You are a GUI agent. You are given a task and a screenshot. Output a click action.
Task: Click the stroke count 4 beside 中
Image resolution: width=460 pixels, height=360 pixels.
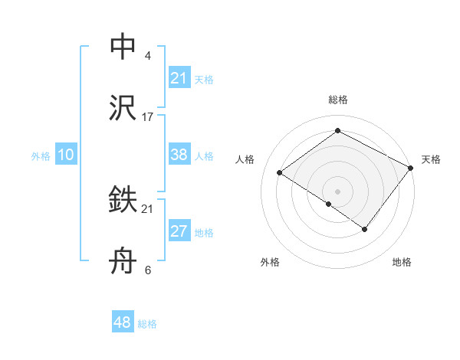tap(147, 56)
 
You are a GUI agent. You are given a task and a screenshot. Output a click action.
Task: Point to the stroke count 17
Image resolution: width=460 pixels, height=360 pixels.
tap(148, 117)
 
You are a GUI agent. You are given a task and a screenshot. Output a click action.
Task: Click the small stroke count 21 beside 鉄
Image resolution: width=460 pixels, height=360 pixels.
tap(148, 209)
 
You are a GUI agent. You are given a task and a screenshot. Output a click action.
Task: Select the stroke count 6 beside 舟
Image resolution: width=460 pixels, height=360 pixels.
tap(147, 270)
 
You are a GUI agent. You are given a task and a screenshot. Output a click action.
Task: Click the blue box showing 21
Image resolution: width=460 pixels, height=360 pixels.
tap(179, 78)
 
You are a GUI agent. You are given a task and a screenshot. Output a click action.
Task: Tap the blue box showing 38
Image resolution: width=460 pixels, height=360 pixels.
tap(179, 155)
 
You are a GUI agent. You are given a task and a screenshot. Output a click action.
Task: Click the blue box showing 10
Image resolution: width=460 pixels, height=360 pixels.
tap(65, 155)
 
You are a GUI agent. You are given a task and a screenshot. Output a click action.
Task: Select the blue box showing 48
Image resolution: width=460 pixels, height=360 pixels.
tap(122, 322)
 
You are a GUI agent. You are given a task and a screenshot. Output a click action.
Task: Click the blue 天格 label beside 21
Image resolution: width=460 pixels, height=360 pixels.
tap(204, 80)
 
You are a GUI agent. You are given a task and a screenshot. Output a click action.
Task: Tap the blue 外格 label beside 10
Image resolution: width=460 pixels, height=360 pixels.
tap(41, 156)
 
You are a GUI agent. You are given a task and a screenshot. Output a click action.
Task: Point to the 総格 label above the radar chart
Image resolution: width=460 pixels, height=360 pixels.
tap(338, 100)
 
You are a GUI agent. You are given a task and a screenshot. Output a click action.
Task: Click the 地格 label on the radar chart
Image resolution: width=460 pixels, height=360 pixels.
tap(402, 263)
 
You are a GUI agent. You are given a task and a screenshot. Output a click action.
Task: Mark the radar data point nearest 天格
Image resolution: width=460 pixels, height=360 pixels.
tap(412, 168)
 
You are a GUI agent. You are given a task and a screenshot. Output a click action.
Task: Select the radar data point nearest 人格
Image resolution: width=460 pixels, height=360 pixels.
tap(280, 173)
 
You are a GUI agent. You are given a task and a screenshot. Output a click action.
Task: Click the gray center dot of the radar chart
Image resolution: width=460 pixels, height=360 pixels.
tap(338, 190)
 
